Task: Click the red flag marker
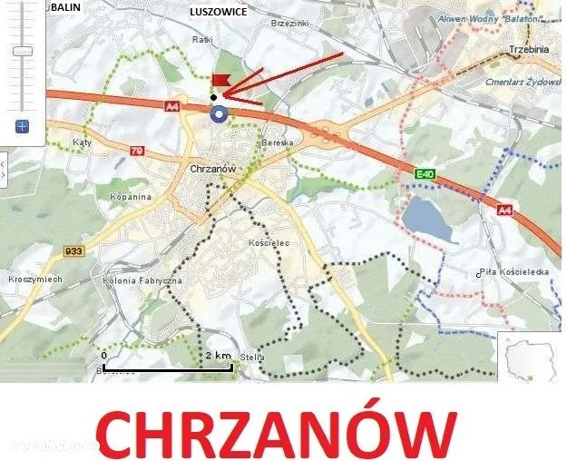point(220,80)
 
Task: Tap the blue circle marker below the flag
point(217,113)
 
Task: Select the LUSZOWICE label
point(218,12)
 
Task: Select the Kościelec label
point(267,244)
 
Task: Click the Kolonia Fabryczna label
point(143,281)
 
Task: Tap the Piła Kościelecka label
point(513,272)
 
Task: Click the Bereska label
point(277,143)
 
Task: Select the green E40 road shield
point(425,173)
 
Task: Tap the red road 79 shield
point(136,150)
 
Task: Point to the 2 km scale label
point(218,354)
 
